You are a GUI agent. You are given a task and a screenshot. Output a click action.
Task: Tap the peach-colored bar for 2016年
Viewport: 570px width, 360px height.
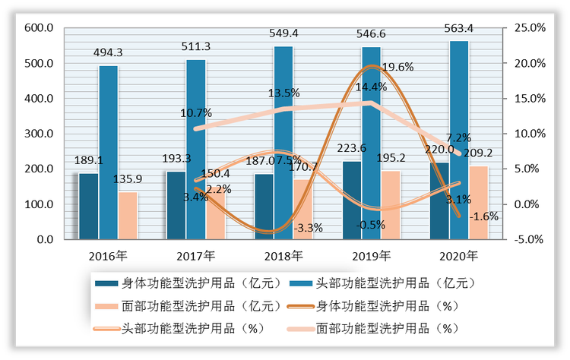pyautogui.click(x=128, y=216)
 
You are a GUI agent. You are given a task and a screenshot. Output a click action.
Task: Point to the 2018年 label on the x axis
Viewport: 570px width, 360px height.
pyautogui.click(x=283, y=255)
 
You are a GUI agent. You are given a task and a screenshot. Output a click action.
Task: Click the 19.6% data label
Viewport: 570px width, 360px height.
pyautogui.click(x=397, y=67)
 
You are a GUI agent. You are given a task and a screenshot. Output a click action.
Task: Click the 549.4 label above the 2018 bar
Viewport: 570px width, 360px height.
pyautogui.click(x=283, y=34)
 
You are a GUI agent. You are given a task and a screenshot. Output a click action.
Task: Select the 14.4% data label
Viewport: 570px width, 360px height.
pyautogui.click(x=371, y=87)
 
